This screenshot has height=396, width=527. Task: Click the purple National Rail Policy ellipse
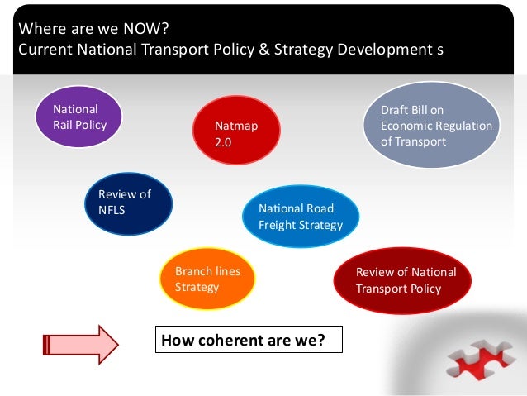pos(78,117)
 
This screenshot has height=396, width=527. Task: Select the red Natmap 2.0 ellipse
pos(236,133)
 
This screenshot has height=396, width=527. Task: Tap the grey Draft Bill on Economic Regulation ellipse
pos(431,125)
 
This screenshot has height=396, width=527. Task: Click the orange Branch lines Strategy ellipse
pos(207,278)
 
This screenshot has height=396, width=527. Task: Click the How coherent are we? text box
pos(248,340)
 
